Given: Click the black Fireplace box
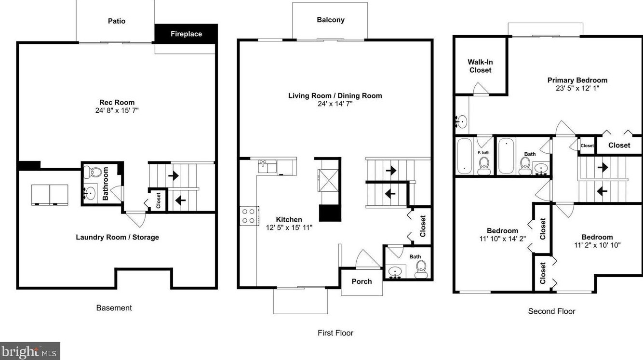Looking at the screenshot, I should click(x=186, y=34).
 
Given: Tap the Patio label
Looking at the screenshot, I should click(x=116, y=21).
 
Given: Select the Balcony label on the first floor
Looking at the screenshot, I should click(x=330, y=20).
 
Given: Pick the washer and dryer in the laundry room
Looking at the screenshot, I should click(x=50, y=194).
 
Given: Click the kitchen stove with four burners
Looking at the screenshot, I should click(x=249, y=215).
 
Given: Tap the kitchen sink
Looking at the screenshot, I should click(x=266, y=167).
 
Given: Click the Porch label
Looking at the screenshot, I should click(x=362, y=281).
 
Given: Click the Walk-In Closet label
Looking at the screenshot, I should click(x=480, y=66).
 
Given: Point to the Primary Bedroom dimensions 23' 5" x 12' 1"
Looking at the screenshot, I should click(x=577, y=88).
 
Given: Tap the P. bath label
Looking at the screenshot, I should click(x=483, y=152).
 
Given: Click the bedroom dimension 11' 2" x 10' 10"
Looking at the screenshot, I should click(x=597, y=245).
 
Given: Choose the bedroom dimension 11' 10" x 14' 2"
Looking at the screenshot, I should click(x=502, y=239).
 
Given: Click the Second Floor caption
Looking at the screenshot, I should click(x=551, y=311).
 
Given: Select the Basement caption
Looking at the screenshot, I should click(x=114, y=308).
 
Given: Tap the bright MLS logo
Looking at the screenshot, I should click(x=30, y=351).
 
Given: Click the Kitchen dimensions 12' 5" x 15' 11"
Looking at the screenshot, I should click(x=289, y=227).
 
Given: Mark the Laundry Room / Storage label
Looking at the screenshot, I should click(x=117, y=237).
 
